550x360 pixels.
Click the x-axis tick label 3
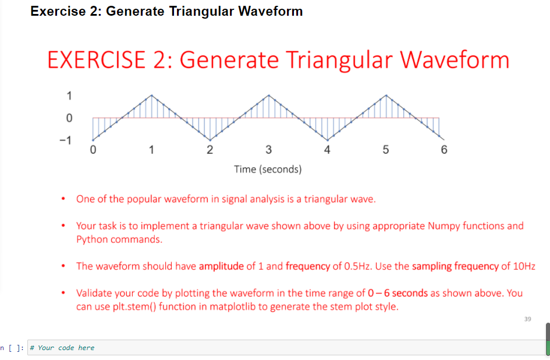click(x=269, y=150)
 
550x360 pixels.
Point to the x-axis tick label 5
click(x=386, y=150)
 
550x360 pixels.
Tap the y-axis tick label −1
click(x=65, y=140)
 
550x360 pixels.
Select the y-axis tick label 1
click(x=69, y=96)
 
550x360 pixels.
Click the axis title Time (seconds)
click(x=268, y=170)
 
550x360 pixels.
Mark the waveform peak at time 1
click(x=151, y=95)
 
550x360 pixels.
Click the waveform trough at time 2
click(x=210, y=140)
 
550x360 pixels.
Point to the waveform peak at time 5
click(x=386, y=95)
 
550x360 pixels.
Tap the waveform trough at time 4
click(x=327, y=140)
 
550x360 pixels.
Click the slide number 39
click(x=527, y=319)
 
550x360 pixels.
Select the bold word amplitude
click(x=221, y=266)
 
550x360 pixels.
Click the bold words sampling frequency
click(x=455, y=266)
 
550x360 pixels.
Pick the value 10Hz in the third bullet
click(x=524, y=266)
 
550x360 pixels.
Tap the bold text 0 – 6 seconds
click(x=398, y=293)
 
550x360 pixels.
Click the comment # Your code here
click(x=62, y=348)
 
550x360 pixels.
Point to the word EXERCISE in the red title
click(x=97, y=59)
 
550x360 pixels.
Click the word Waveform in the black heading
click(x=271, y=11)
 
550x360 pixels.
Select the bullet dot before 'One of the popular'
click(x=63, y=199)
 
